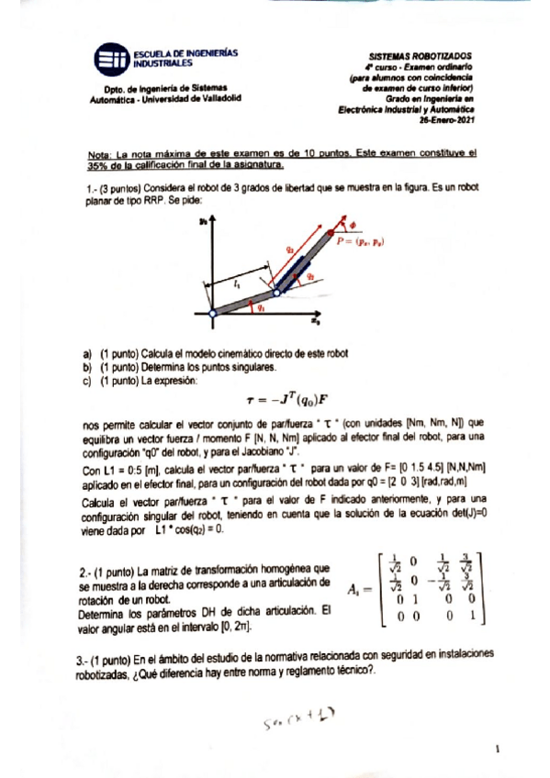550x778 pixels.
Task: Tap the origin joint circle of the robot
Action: (211, 314)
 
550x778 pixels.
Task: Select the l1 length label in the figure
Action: (238, 285)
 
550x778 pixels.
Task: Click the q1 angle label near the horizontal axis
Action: (262, 308)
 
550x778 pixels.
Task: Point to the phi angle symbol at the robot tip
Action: (353, 221)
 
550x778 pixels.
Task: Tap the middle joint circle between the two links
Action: (276, 293)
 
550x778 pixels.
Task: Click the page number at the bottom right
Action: (497, 750)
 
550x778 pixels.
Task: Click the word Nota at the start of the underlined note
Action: (95, 155)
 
